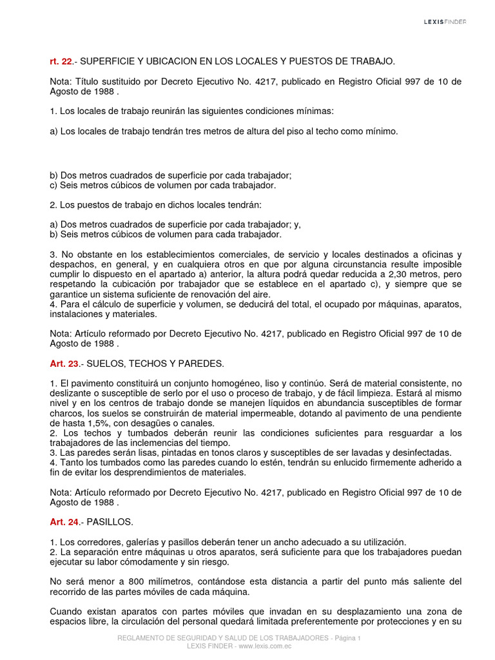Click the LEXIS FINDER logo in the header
[x=445, y=21]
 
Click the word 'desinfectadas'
[x=420, y=453]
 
